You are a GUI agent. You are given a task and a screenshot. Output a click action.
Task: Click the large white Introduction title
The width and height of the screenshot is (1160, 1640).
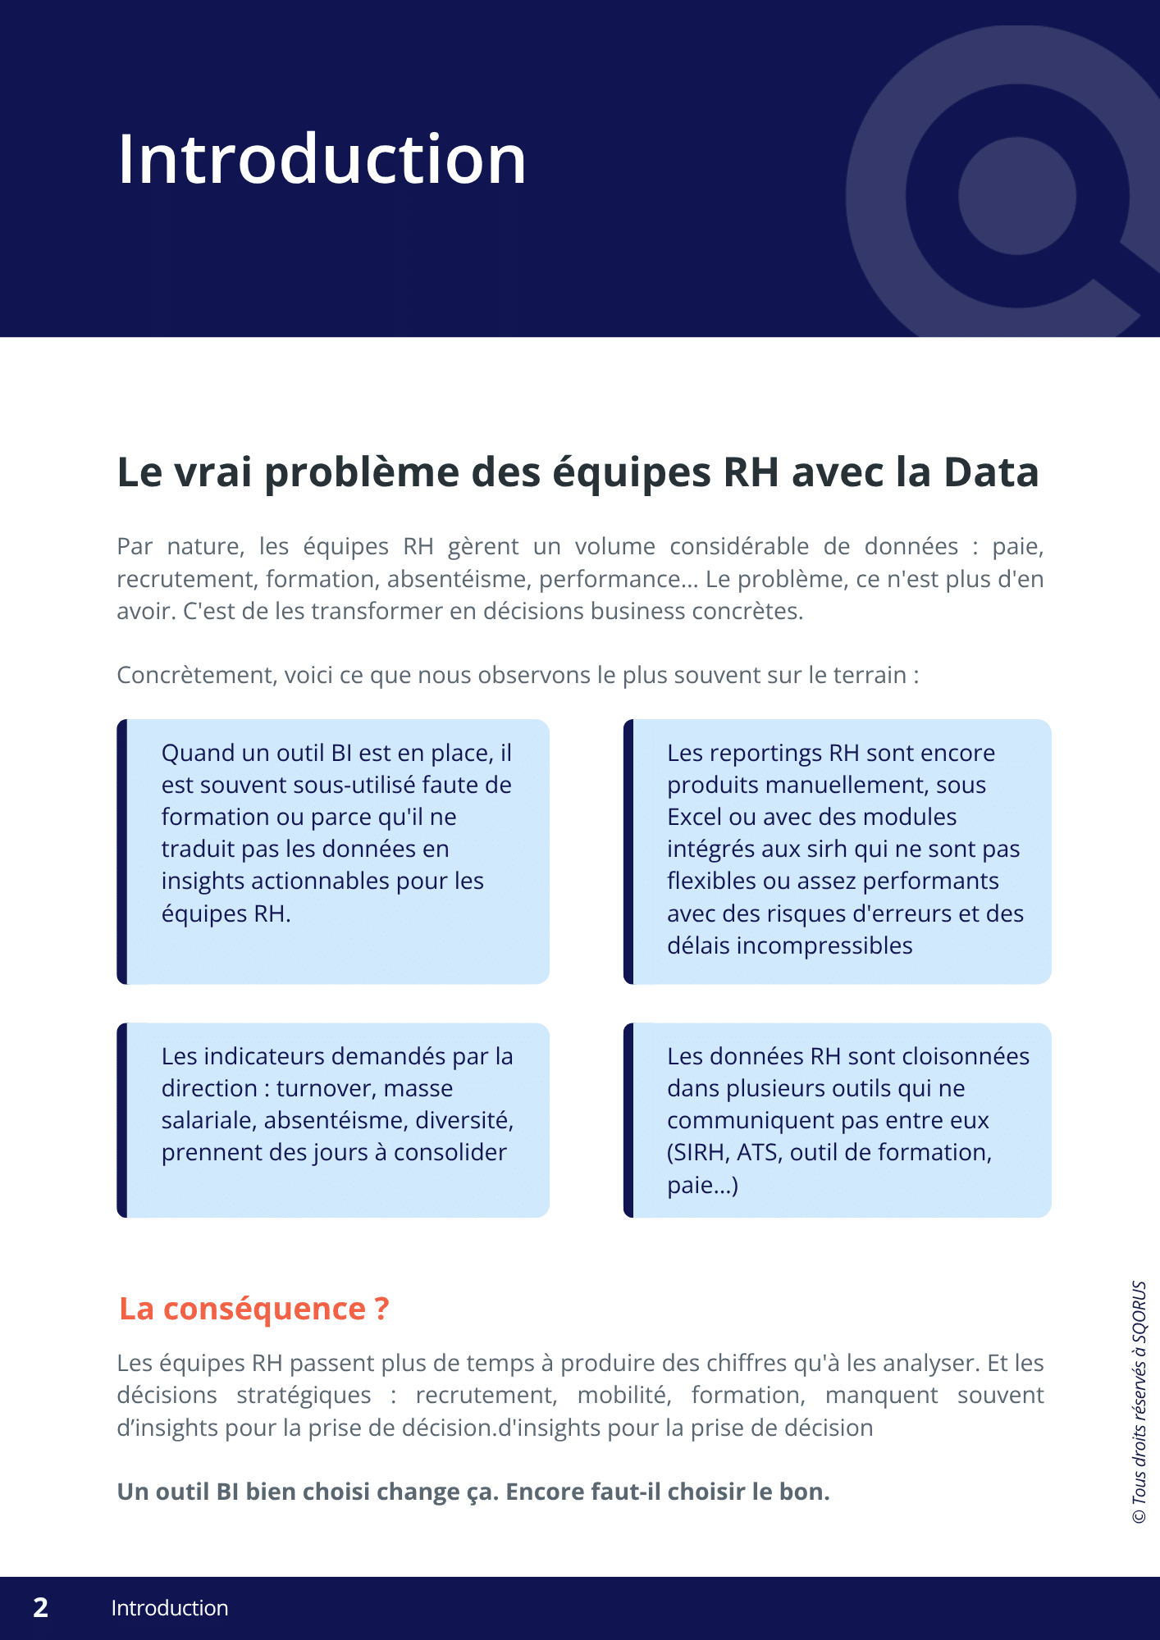(322, 159)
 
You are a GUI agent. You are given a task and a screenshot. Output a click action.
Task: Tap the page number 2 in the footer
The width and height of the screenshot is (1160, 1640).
(41, 1607)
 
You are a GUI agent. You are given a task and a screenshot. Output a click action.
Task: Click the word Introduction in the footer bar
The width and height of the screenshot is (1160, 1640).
(170, 1608)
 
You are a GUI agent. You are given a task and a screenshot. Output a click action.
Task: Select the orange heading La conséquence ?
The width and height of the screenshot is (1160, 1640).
(253, 1309)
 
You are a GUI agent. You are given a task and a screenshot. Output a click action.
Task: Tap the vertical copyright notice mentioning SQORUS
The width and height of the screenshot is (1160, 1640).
(1139, 1402)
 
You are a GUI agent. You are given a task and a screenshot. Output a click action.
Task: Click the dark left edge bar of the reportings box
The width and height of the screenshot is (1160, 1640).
(628, 851)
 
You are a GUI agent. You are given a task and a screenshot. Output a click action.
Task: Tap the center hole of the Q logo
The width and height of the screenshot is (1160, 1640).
(1016, 197)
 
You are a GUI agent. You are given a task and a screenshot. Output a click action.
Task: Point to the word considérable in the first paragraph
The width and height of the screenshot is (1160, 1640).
(739, 546)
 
